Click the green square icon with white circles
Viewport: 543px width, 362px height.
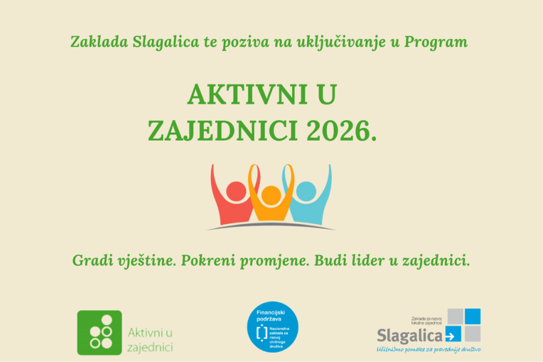100,332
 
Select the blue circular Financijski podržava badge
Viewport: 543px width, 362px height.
272,329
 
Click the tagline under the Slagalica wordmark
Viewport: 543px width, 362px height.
428,349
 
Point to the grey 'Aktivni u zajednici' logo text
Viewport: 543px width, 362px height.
150,339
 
